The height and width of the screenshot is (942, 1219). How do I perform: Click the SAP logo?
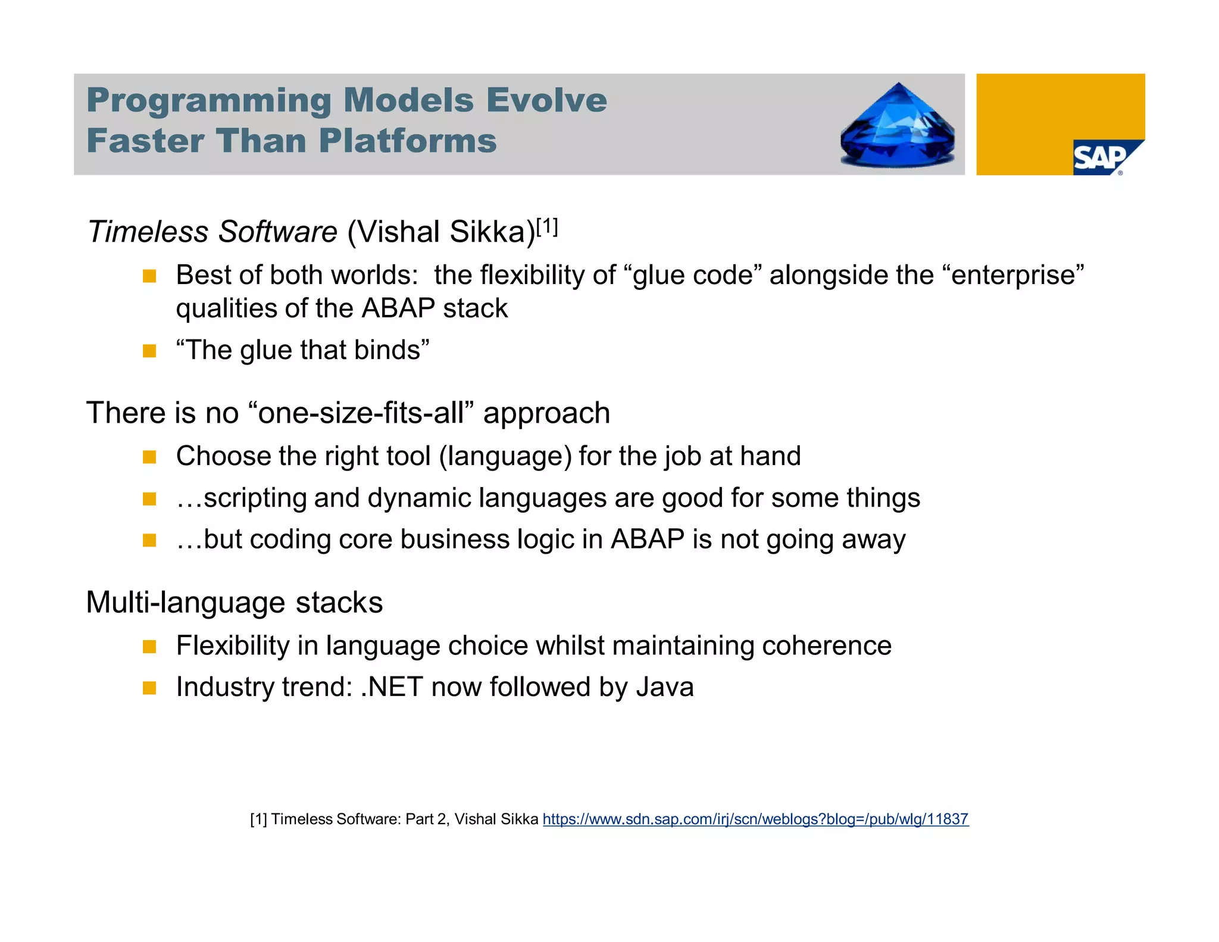(1101, 158)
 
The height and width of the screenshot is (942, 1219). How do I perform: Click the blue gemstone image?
(898, 126)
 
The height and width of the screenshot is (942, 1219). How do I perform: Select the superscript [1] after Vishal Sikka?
(546, 227)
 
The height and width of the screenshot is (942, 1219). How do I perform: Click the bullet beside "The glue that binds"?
(149, 351)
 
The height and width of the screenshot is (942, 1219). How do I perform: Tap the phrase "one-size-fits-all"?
(360, 413)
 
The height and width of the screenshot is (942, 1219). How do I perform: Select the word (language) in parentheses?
(505, 457)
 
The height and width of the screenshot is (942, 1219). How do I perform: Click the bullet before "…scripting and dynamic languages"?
(149, 498)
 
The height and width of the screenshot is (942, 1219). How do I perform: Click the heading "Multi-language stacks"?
(234, 603)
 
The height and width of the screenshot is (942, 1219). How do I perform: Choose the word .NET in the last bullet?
(392, 687)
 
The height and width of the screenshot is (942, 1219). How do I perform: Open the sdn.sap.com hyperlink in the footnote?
(755, 819)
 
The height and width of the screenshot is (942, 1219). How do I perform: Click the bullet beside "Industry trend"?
(149, 688)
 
